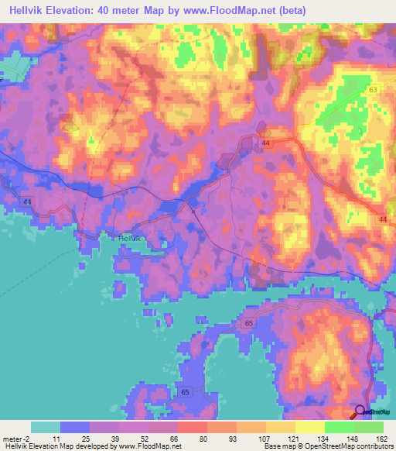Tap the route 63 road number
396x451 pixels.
(x=374, y=91)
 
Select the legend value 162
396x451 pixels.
(x=381, y=438)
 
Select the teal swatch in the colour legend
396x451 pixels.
(x=46, y=427)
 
